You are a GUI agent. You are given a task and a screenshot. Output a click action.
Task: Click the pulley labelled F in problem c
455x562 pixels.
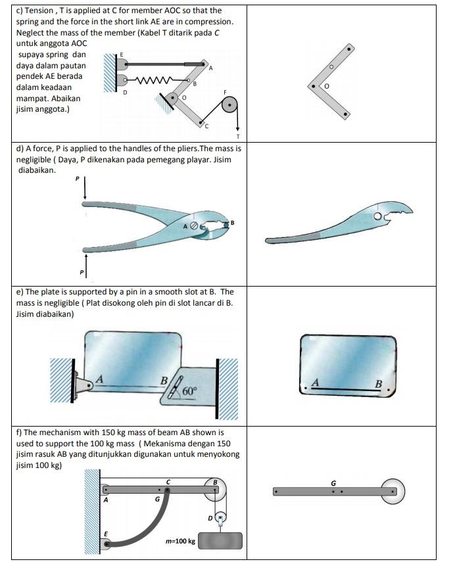(229, 105)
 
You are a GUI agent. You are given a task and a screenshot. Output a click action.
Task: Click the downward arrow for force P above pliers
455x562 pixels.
(85, 187)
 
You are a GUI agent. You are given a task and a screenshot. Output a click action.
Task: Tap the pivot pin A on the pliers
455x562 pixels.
(193, 226)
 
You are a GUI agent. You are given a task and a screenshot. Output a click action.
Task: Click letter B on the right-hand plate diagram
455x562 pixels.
(378, 383)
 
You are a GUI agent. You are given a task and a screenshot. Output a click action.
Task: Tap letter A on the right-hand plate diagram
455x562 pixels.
(315, 382)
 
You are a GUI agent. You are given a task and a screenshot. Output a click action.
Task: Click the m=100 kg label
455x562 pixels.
(180, 541)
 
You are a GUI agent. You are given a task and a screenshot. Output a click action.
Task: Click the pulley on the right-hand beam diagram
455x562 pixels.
(393, 491)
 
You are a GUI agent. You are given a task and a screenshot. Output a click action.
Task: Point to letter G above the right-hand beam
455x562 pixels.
(333, 483)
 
